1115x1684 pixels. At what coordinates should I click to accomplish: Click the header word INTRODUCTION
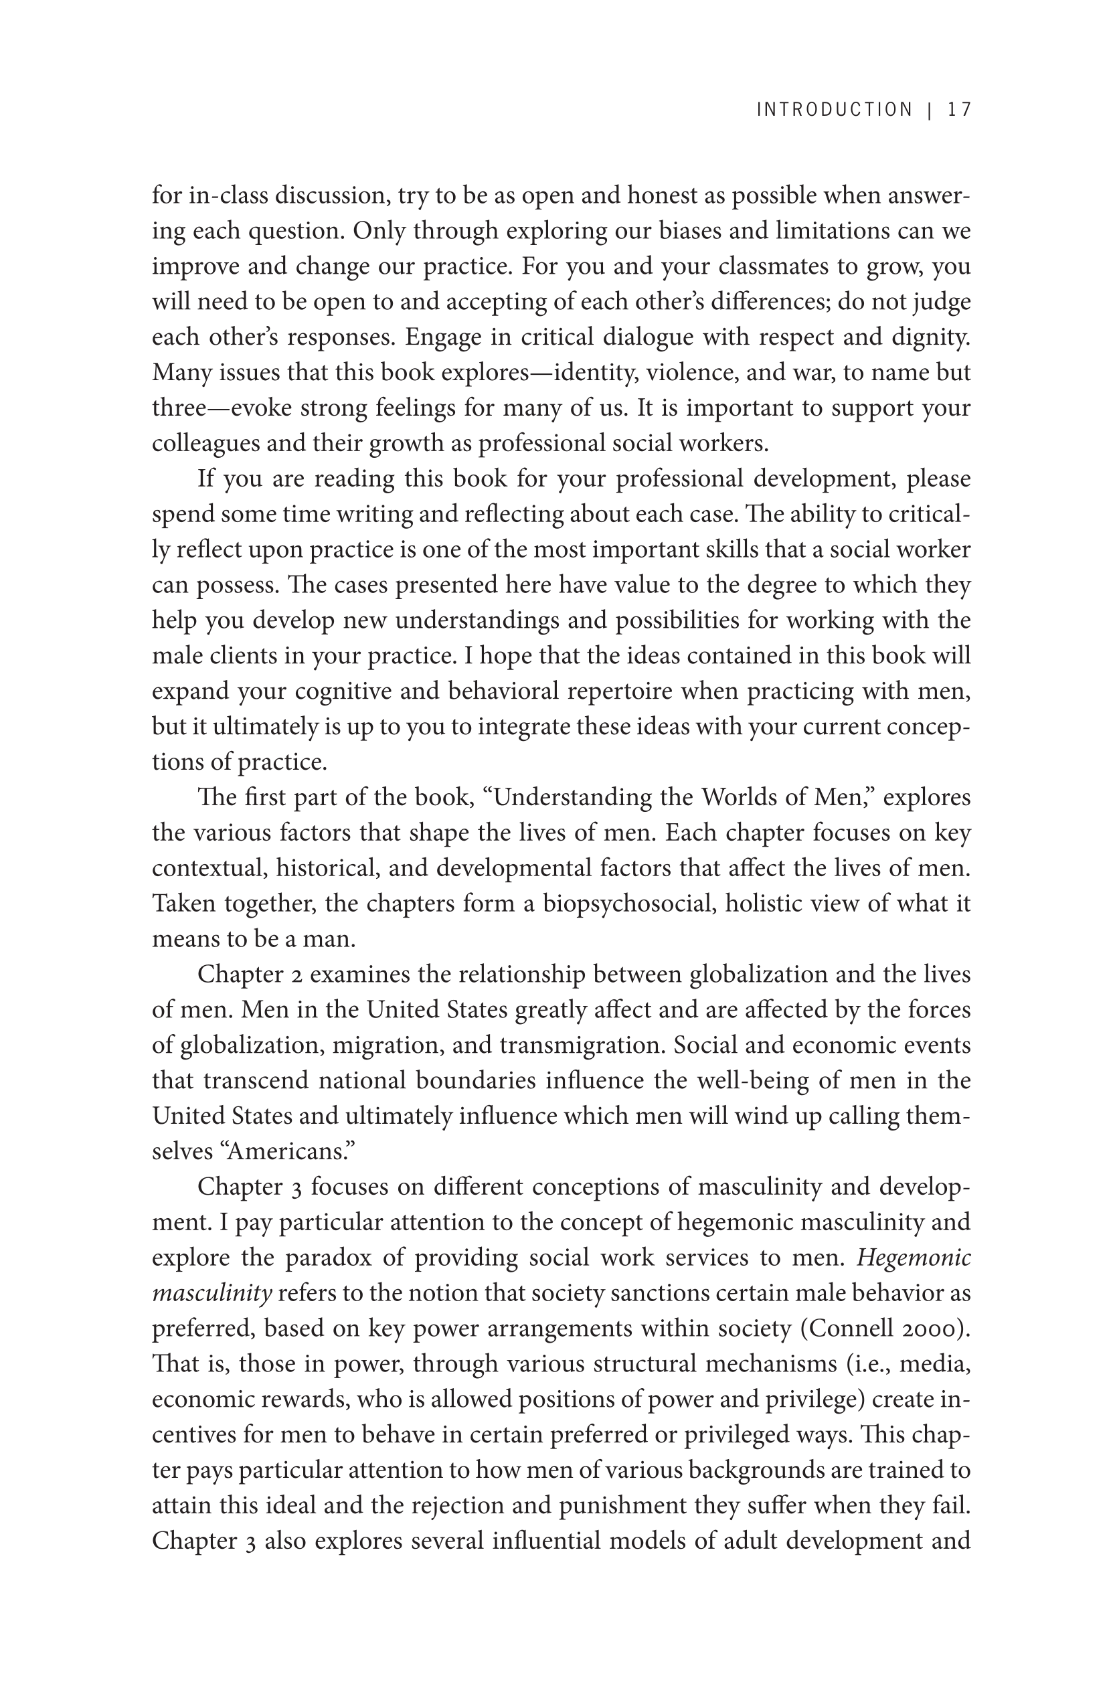point(834,110)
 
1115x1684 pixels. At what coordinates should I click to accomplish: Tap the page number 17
point(959,110)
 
